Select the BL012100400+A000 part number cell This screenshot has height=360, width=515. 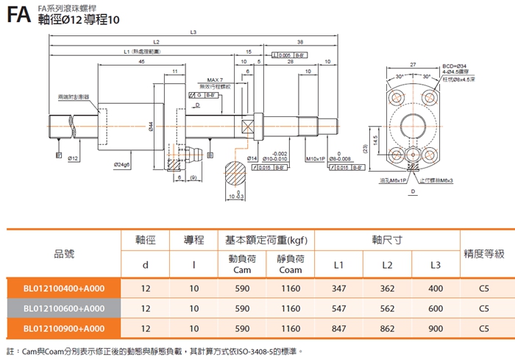(64, 289)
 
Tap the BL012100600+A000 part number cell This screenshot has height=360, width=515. (64, 308)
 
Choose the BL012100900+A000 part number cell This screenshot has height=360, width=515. (64, 328)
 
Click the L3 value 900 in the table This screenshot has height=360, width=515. (436, 328)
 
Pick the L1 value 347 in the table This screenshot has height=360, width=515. (338, 289)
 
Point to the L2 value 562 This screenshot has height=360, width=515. (387, 308)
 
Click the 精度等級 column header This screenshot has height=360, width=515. (483, 253)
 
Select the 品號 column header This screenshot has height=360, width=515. (64, 253)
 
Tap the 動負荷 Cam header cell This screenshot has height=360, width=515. (232, 264)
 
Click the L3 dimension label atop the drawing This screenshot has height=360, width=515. (193, 32)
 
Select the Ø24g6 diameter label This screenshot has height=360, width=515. (122, 163)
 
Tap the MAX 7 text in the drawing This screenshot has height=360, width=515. (215, 80)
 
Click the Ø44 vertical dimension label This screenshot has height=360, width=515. (150, 126)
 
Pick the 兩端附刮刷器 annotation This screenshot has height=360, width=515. (73, 96)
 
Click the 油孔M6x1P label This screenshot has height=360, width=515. (389, 180)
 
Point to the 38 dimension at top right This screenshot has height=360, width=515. (300, 42)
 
